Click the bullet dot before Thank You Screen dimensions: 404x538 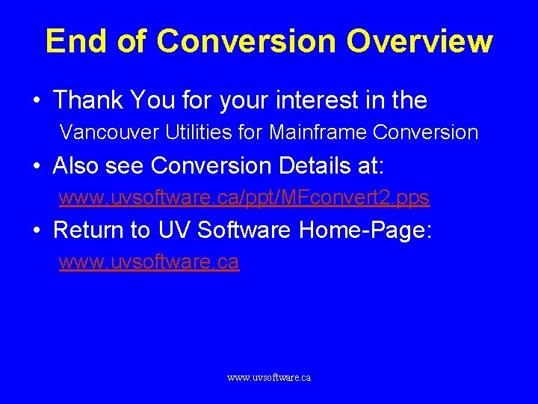(36, 100)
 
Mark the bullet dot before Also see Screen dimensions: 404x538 (36, 166)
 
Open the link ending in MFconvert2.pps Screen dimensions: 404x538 (244, 198)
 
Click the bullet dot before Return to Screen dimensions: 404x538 (36, 230)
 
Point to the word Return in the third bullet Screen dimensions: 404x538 (90, 230)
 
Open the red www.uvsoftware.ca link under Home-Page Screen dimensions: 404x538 (149, 262)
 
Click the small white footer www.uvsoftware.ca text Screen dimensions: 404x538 (269, 378)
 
